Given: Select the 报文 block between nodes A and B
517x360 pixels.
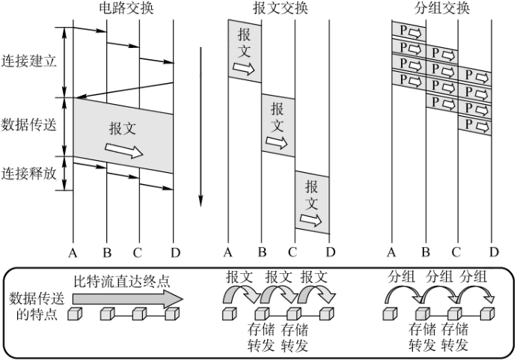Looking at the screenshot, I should point(245,51).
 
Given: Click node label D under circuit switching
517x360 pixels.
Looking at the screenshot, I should point(175,251).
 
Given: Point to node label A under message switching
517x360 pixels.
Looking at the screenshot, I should point(228,251).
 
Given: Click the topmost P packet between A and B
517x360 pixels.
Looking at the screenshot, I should point(409,32).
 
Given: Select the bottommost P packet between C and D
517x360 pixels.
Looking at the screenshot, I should point(474,123).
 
